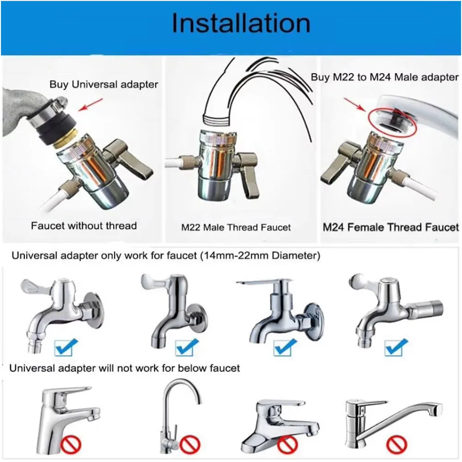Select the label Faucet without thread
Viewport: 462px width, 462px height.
84,226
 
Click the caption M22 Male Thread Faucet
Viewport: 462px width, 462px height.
236,227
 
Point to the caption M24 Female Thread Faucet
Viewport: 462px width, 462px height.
391,227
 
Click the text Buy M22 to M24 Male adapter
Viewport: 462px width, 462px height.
384,77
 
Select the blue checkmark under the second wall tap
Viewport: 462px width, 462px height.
187,347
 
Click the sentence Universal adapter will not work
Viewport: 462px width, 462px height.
125,368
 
